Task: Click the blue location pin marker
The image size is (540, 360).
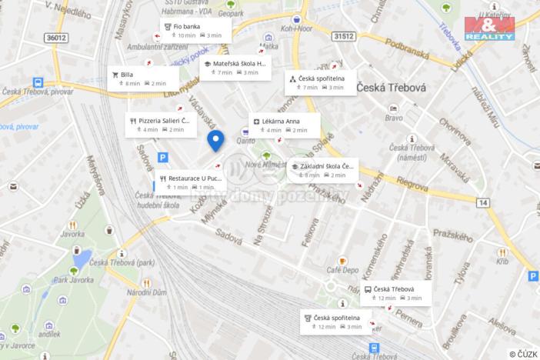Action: (216, 141)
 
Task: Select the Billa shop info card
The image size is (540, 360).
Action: (143, 78)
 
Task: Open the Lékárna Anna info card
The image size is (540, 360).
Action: (284, 125)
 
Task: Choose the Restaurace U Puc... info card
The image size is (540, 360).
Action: (192, 182)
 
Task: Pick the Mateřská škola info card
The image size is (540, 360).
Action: (235, 68)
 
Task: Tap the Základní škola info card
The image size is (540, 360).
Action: (323, 170)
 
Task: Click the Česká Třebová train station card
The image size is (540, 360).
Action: (396, 293)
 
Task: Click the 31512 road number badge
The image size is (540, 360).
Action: (344, 35)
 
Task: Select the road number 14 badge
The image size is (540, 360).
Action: (482, 202)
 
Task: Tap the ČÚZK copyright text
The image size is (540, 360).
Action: (523, 353)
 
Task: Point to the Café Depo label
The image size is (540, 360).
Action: (342, 270)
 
